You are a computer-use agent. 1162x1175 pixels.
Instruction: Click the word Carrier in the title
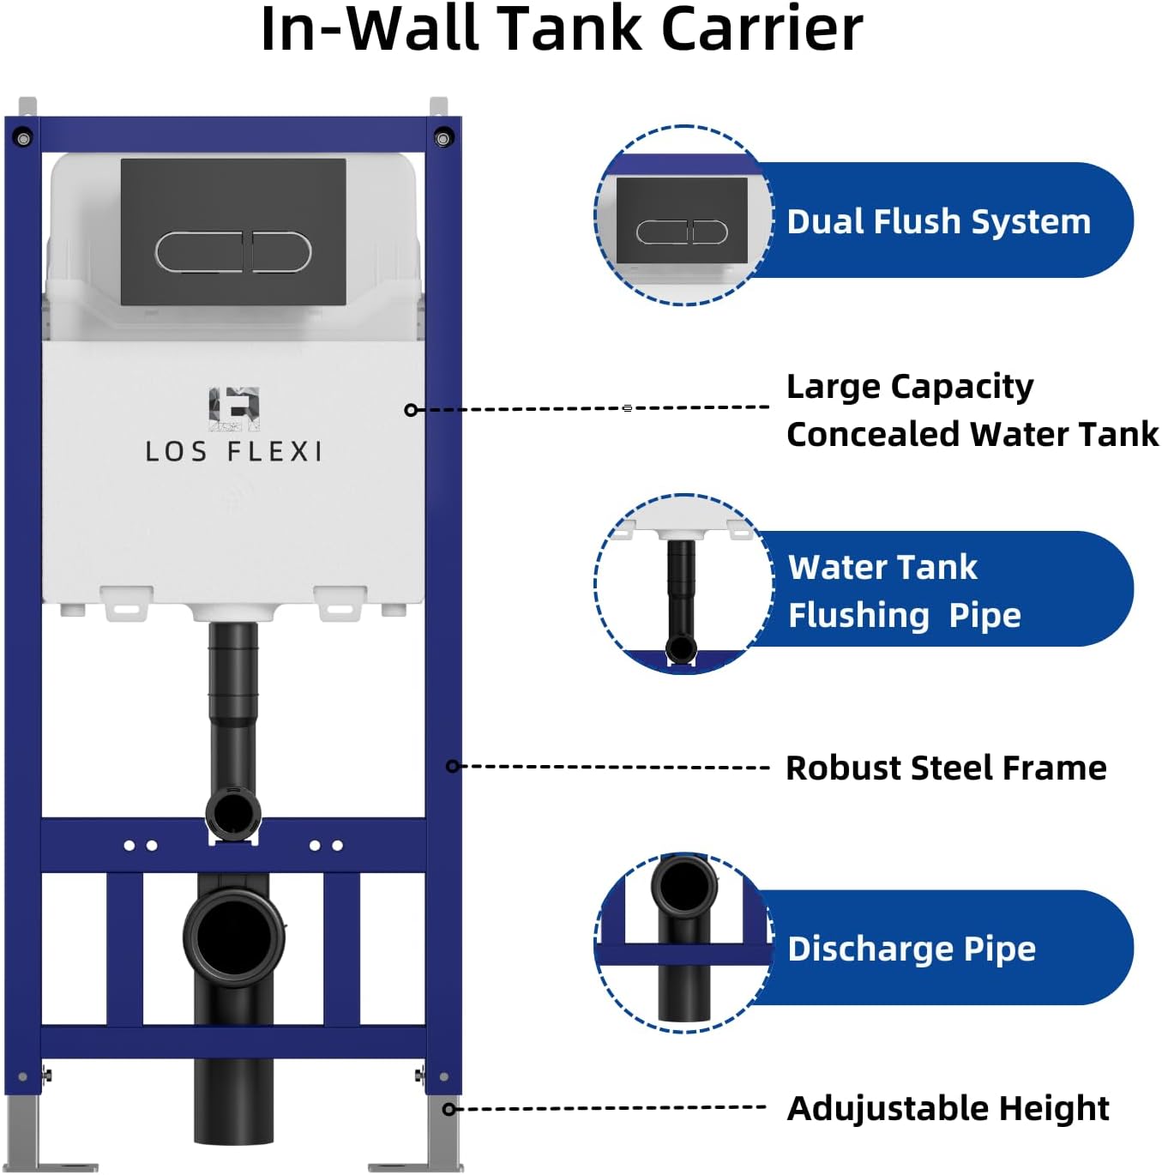click(x=762, y=29)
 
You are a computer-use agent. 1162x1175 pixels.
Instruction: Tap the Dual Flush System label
click(x=938, y=221)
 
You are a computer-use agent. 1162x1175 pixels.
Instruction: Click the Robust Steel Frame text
click(x=946, y=768)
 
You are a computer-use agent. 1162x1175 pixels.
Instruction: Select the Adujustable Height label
click(x=948, y=1108)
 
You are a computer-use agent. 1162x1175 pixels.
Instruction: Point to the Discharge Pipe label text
click(x=912, y=949)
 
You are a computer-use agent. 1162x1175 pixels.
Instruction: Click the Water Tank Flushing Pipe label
click(x=904, y=591)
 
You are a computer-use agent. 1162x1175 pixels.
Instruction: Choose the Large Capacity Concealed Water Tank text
click(x=972, y=410)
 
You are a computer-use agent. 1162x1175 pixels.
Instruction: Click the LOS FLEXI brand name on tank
click(x=233, y=452)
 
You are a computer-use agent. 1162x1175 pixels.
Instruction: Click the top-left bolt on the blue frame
click(x=23, y=137)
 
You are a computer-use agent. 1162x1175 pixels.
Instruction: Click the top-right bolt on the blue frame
click(x=443, y=137)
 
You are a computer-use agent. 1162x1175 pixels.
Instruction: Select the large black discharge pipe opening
click(x=233, y=936)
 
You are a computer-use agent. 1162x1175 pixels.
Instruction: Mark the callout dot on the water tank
click(x=411, y=410)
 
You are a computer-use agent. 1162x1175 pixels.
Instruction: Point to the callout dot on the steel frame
click(x=452, y=766)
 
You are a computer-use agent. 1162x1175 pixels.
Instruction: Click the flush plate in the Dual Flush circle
click(x=682, y=221)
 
